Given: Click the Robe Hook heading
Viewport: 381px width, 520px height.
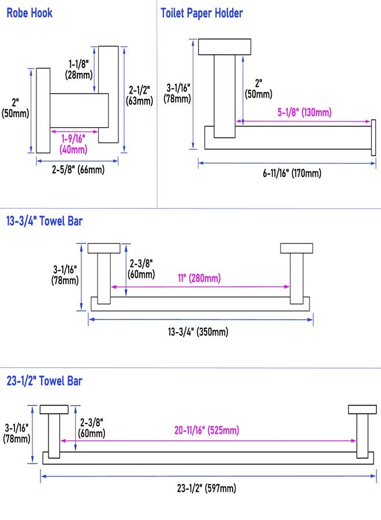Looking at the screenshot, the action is pyautogui.click(x=29, y=13).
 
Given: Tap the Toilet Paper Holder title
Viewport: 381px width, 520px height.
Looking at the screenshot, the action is pyautogui.click(x=202, y=13).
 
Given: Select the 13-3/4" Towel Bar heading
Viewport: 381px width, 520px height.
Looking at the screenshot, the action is pyautogui.click(x=44, y=221).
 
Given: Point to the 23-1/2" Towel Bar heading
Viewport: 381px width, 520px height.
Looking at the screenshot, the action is pyautogui.click(x=44, y=381).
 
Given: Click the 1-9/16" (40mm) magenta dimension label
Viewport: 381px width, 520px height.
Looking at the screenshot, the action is pyautogui.click(x=73, y=144).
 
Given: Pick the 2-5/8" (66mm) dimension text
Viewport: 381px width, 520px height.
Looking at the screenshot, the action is pyautogui.click(x=78, y=170).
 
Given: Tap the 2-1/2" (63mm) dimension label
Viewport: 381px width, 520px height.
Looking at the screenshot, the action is pyautogui.click(x=140, y=95).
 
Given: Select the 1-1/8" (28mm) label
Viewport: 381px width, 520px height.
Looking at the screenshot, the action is pyautogui.click(x=79, y=69).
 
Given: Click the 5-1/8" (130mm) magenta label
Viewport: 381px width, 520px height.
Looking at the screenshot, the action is pyautogui.click(x=304, y=112).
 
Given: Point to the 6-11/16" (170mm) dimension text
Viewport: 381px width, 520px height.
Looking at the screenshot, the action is pyautogui.click(x=292, y=173).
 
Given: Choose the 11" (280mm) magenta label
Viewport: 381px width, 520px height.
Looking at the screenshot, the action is pyautogui.click(x=199, y=277).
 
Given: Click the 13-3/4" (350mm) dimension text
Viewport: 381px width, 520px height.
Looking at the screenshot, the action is pyautogui.click(x=198, y=332).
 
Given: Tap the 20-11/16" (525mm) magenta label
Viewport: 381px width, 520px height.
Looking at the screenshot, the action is pyautogui.click(x=207, y=430).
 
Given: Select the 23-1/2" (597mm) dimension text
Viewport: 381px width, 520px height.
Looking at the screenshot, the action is pyautogui.click(x=207, y=488).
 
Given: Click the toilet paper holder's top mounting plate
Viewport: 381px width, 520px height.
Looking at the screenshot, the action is pyautogui.click(x=225, y=47).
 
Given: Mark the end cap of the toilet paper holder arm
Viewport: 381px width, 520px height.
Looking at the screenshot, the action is pyautogui.click(x=373, y=138).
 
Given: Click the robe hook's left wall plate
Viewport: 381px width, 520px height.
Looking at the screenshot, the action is pyautogui.click(x=43, y=110).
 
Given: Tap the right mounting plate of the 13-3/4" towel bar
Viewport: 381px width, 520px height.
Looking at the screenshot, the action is pyautogui.click(x=297, y=248).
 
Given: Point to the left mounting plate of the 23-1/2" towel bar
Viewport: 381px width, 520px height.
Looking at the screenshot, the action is pyautogui.click(x=54, y=409).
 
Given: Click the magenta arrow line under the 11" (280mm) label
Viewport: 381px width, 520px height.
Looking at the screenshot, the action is pyautogui.click(x=200, y=287).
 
